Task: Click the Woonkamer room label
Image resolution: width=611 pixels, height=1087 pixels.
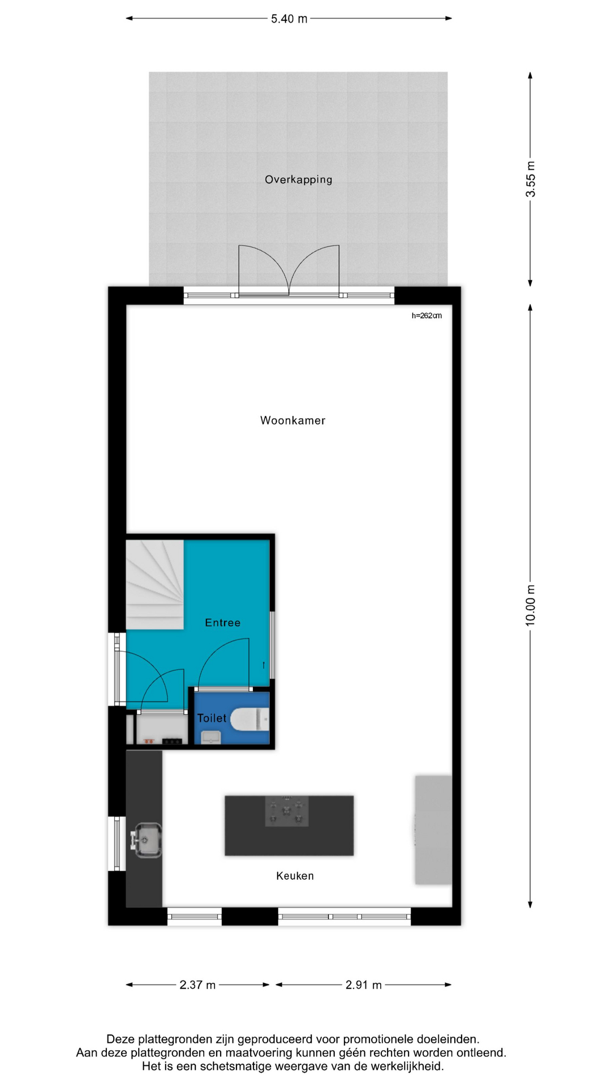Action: (x=292, y=421)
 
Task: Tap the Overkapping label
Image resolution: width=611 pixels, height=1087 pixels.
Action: (x=299, y=179)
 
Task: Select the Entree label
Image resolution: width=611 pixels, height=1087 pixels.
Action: (x=222, y=623)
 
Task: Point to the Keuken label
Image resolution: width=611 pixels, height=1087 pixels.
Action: (x=295, y=876)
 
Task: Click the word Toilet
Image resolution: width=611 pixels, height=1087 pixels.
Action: (x=212, y=718)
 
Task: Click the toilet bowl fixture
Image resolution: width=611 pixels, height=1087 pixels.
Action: (x=249, y=719)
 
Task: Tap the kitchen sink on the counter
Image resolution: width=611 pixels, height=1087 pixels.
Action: (x=146, y=839)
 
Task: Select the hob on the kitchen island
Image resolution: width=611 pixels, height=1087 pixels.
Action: (x=287, y=811)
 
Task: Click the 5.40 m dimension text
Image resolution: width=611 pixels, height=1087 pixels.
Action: (x=289, y=19)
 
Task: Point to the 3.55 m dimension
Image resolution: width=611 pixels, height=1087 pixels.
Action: (x=531, y=179)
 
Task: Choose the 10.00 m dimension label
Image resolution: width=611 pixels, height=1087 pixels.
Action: (x=531, y=605)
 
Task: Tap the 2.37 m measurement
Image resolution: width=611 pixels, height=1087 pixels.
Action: (x=197, y=985)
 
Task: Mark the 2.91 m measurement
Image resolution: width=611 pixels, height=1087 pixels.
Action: (x=364, y=985)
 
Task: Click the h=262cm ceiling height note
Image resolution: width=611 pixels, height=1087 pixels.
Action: (x=427, y=315)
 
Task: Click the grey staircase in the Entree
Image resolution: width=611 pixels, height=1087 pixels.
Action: (x=154, y=584)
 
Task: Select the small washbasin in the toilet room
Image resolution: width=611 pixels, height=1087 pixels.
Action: (x=211, y=737)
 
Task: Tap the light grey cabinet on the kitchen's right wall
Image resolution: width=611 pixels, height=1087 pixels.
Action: (x=433, y=830)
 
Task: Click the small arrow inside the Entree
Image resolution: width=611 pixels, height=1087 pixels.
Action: (x=264, y=665)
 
